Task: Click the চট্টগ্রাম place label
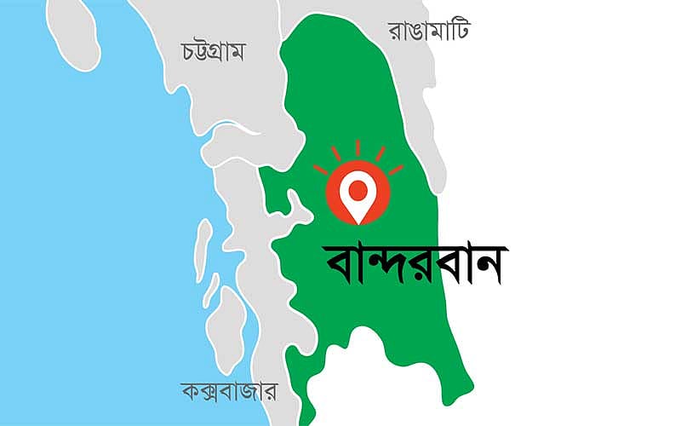point(214,51)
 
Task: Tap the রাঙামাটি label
point(430,32)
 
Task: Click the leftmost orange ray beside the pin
point(320,170)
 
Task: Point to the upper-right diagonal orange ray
point(381,153)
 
